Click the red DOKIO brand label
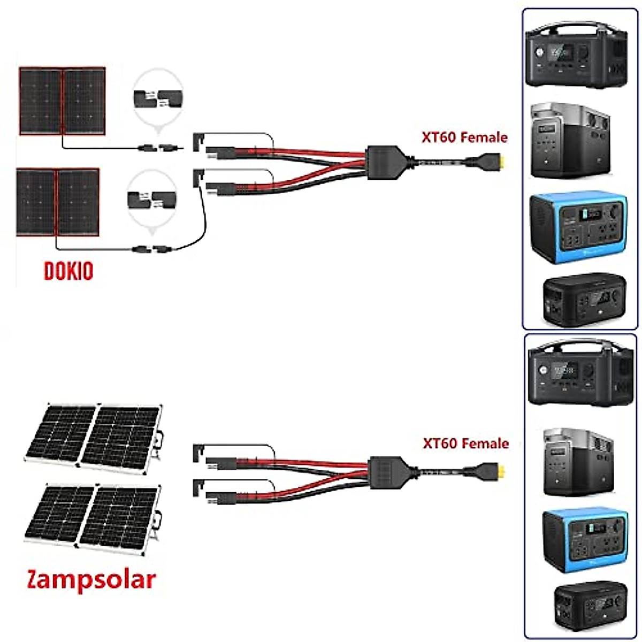[x=68, y=271]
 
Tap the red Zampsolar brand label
[x=91, y=579]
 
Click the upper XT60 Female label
[x=464, y=137]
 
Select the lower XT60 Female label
[x=465, y=444]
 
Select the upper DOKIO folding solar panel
[x=62, y=101]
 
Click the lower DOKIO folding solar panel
[x=58, y=202]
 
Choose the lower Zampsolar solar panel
[x=92, y=516]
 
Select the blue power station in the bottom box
[x=584, y=539]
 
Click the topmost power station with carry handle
[x=576, y=55]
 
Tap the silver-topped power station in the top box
[x=570, y=140]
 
